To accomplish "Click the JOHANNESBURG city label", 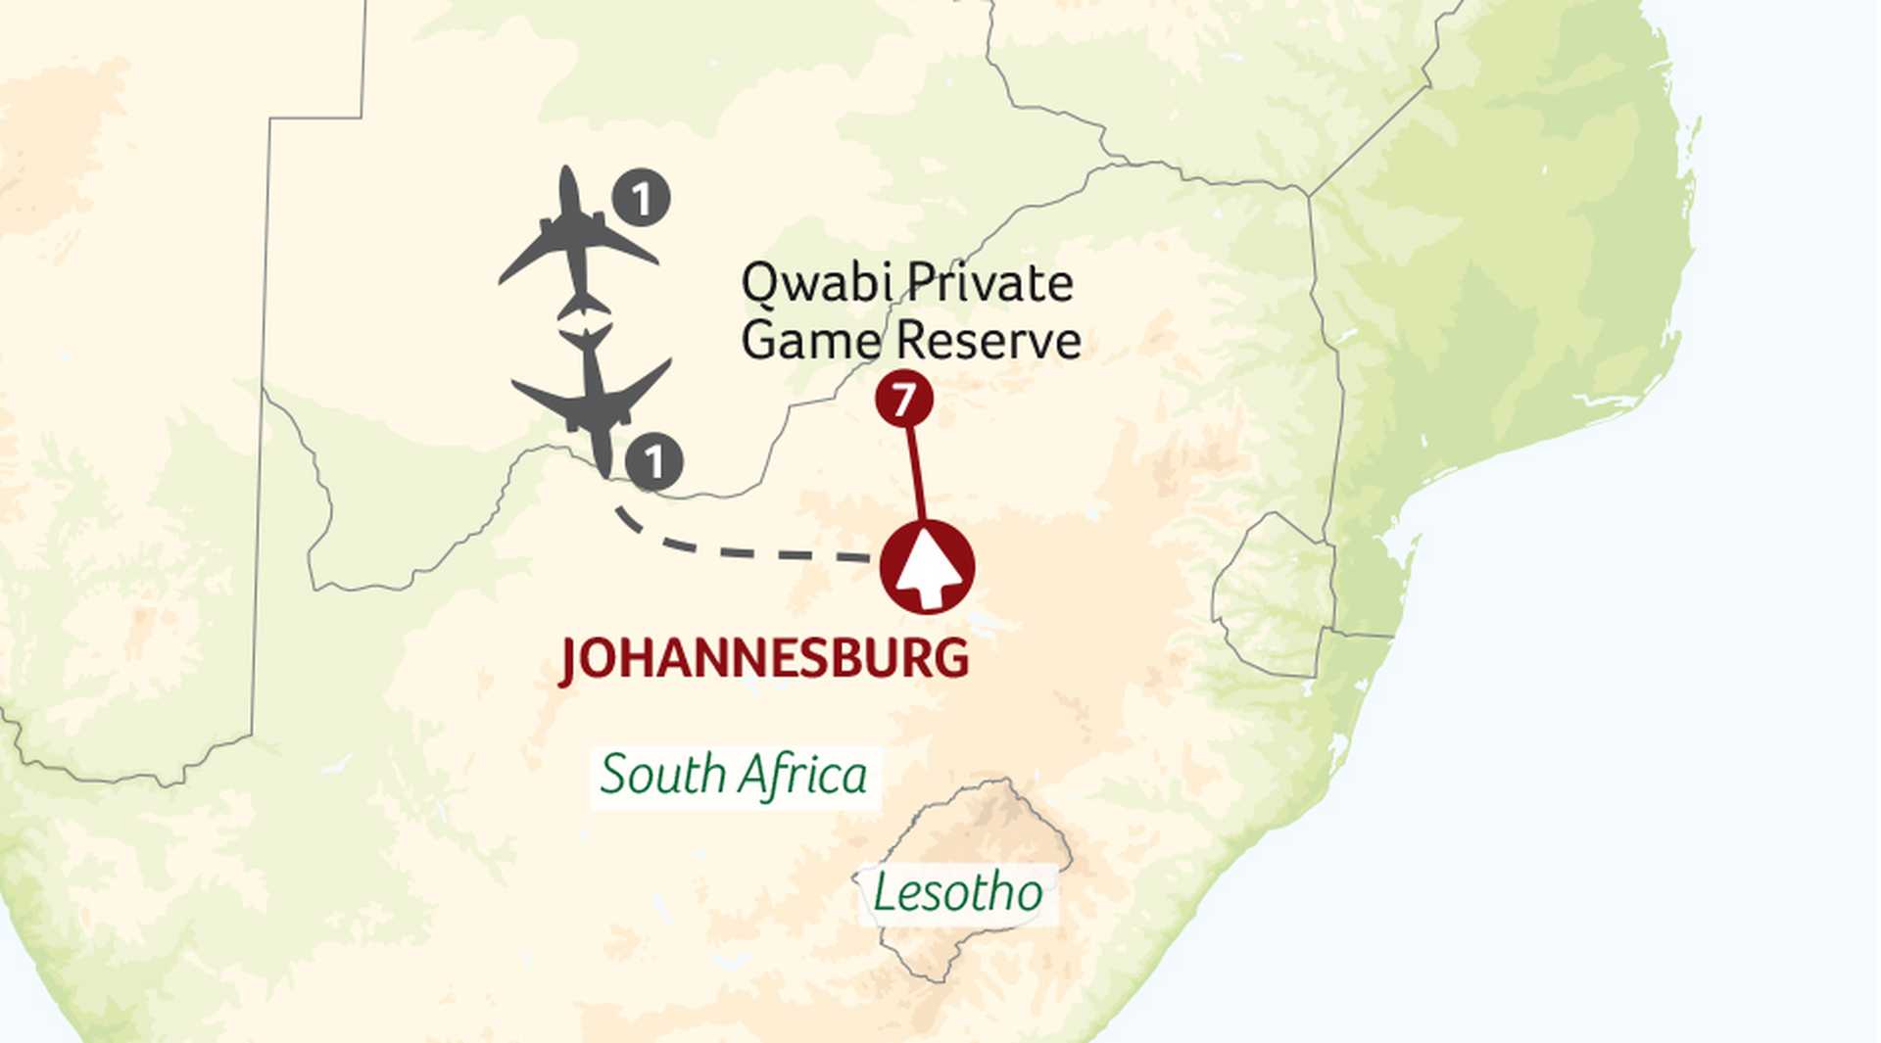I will [x=764, y=658].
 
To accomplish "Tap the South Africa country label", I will [x=734, y=776].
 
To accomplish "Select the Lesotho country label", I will [x=957, y=893].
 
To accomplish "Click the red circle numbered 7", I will [x=903, y=399].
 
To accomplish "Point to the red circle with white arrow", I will [x=927, y=568].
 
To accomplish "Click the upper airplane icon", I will [x=577, y=242].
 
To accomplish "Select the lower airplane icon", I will [x=594, y=399].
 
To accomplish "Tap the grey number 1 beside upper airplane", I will [x=642, y=199].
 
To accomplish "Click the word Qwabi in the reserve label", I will [x=816, y=284].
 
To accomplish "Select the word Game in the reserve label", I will [x=811, y=341].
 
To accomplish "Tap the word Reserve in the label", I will [x=989, y=341].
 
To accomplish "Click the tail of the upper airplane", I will [x=583, y=305].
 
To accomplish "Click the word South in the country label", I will [x=662, y=776].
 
